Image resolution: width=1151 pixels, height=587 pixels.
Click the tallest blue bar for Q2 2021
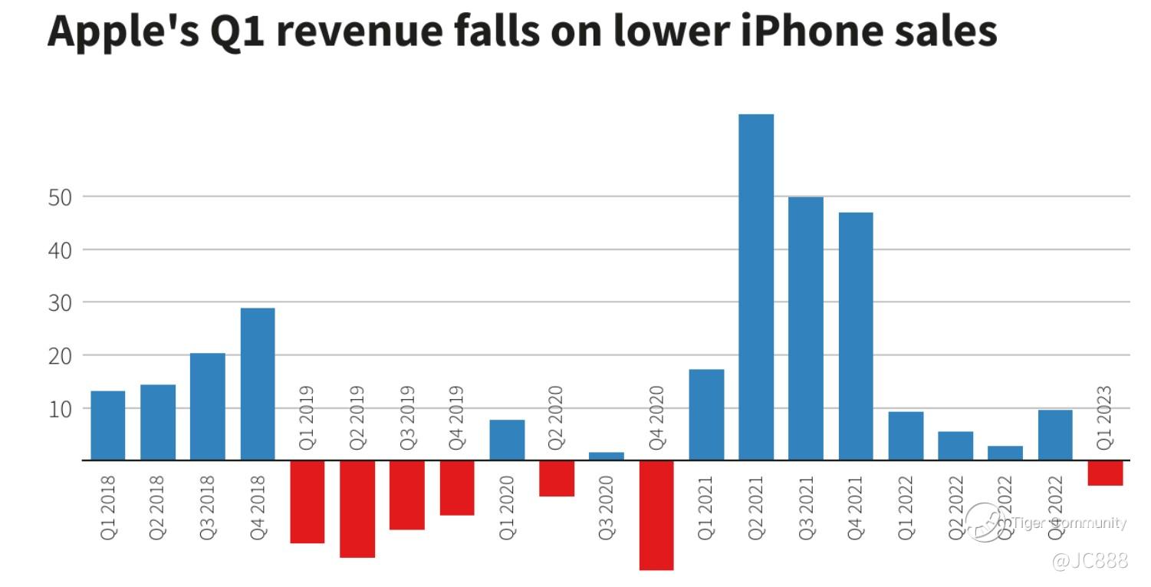tap(755, 287)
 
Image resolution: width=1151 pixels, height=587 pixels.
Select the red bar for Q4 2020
tap(656, 515)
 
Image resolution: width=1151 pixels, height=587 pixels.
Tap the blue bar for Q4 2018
tap(257, 384)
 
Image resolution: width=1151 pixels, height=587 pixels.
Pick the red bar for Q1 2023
tap(1104, 473)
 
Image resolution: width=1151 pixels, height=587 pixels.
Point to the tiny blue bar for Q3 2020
tap(606, 457)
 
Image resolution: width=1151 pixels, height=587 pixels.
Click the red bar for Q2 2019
tap(357, 509)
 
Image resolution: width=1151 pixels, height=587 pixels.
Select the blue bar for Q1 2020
tap(506, 440)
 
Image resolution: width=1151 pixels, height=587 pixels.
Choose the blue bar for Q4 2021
tap(855, 336)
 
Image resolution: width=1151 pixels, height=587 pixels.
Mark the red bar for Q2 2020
tap(556, 478)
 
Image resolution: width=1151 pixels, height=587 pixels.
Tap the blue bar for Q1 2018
tap(107, 425)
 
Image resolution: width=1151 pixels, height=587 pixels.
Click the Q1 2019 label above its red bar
tap(307, 417)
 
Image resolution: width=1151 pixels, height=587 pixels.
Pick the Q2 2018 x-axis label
tap(157, 507)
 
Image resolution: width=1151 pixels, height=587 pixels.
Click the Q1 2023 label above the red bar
tap(1104, 417)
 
